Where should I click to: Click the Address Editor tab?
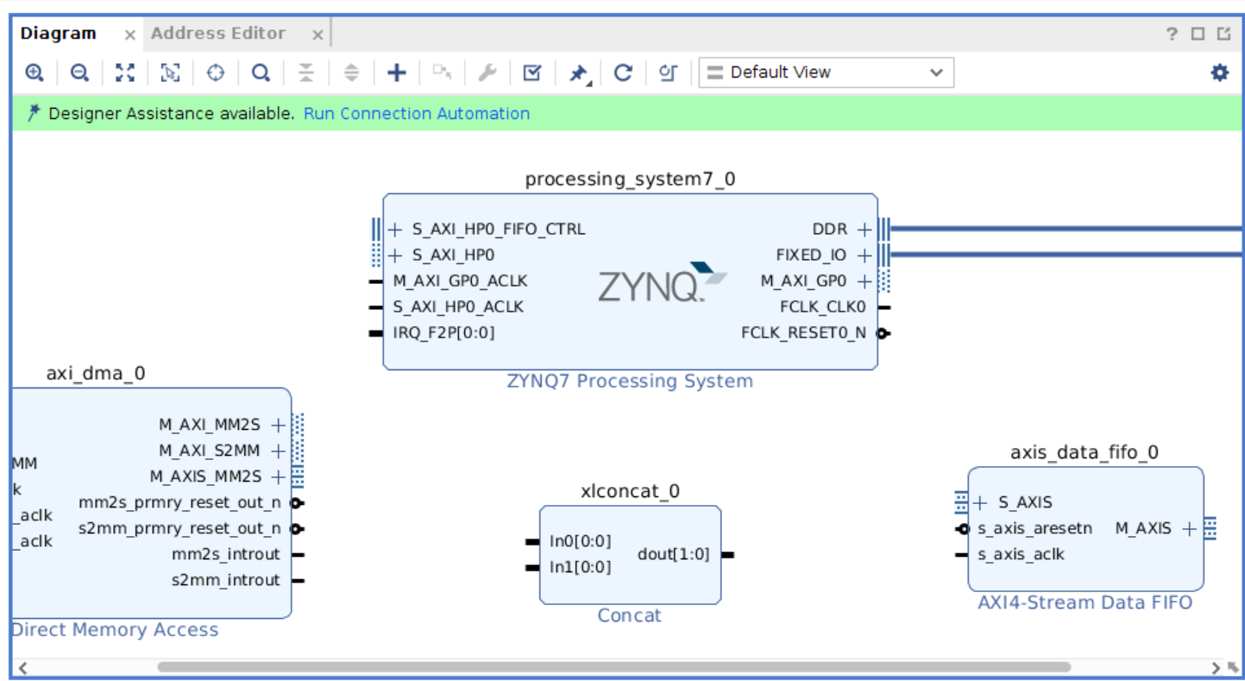click(x=218, y=34)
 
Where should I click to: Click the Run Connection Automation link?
click(x=417, y=114)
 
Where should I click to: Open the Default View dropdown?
click(x=826, y=73)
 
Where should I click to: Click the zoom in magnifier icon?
click(x=35, y=73)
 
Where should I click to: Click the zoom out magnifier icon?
click(x=79, y=73)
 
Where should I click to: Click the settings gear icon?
click(x=1219, y=73)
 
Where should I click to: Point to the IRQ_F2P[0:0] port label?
click(x=443, y=333)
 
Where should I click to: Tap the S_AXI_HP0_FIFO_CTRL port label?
click(x=498, y=230)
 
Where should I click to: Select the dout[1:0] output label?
click(x=673, y=554)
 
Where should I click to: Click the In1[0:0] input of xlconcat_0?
click(x=580, y=567)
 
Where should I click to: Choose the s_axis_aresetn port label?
click(x=1034, y=528)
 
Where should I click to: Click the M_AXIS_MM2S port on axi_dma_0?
click(x=205, y=476)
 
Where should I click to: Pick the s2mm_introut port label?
click(x=226, y=580)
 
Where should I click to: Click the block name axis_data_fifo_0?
click(x=1085, y=452)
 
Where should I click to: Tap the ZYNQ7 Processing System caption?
click(x=630, y=381)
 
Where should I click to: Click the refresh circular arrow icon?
click(x=623, y=73)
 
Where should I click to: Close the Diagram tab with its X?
click(x=129, y=35)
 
